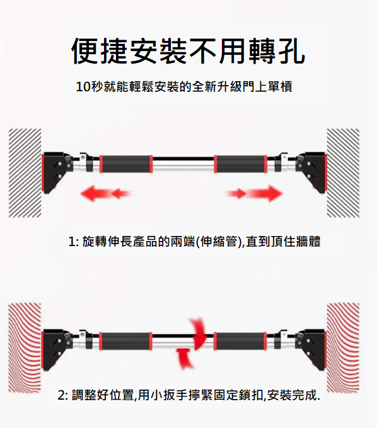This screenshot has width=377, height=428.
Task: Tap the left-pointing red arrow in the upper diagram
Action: [x=105, y=193]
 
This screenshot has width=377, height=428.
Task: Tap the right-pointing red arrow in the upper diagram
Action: [x=255, y=193]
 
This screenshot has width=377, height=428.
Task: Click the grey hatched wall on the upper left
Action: [x=25, y=172]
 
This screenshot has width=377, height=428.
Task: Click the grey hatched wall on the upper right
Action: [x=343, y=172]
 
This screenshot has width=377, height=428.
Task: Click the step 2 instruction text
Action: [x=189, y=396]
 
